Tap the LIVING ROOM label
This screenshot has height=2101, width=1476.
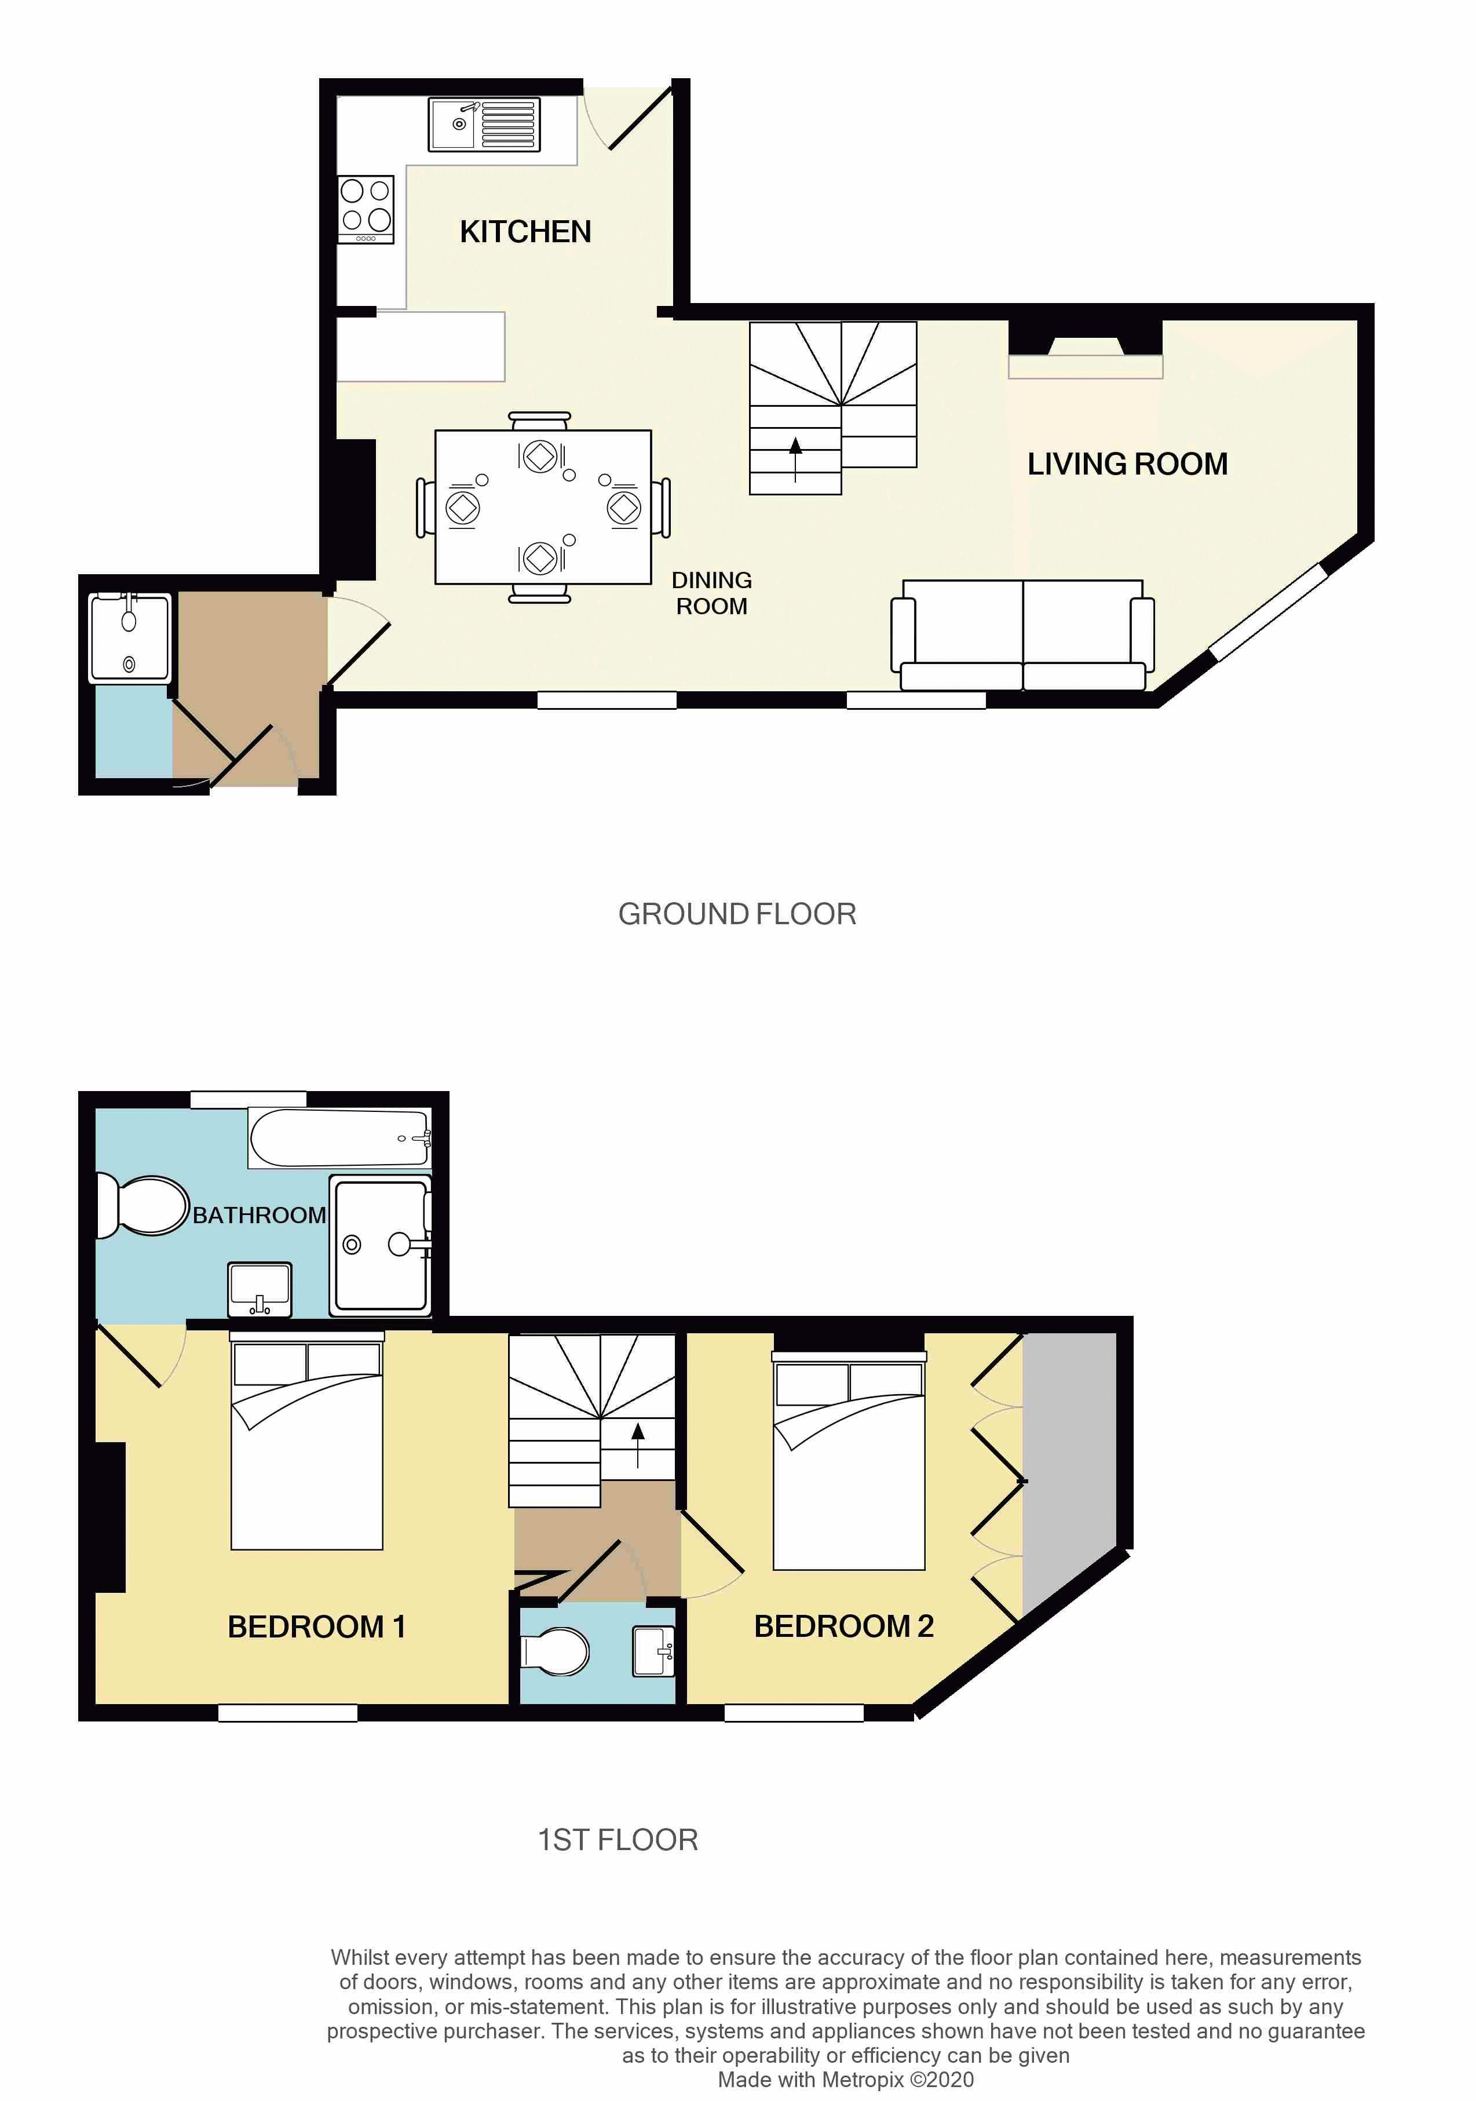1127,464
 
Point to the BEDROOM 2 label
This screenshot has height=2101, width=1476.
843,1625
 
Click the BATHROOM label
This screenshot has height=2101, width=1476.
259,1215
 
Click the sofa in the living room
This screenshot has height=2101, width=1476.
1022,634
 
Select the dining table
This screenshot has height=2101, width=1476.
543,507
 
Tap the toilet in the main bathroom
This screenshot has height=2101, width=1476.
142,1206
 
